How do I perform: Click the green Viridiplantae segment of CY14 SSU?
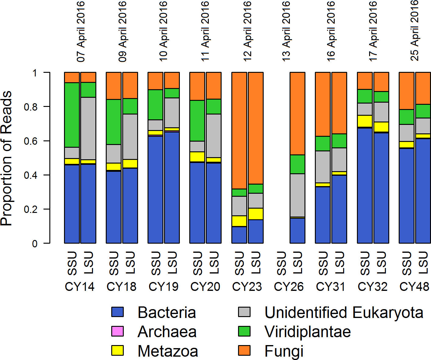[72, 115]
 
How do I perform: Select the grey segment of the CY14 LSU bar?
[88, 128]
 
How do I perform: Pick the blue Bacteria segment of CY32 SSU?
[365, 185]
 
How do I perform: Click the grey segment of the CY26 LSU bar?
[297, 195]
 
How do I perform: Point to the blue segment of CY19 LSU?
[172, 187]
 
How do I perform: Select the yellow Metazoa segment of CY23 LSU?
[256, 214]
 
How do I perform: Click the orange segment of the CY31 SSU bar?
[323, 104]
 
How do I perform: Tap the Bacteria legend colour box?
[117, 312]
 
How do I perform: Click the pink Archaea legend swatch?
[117, 331]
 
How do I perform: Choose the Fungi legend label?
[284, 351]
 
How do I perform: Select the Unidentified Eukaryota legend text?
[344, 312]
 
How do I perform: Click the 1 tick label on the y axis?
[34, 73]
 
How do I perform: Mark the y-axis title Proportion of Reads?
[7, 158]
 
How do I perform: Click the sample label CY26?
[289, 287]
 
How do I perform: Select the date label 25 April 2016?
[415, 30]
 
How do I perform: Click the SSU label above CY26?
[281, 263]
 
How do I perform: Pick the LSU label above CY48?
[423, 263]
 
